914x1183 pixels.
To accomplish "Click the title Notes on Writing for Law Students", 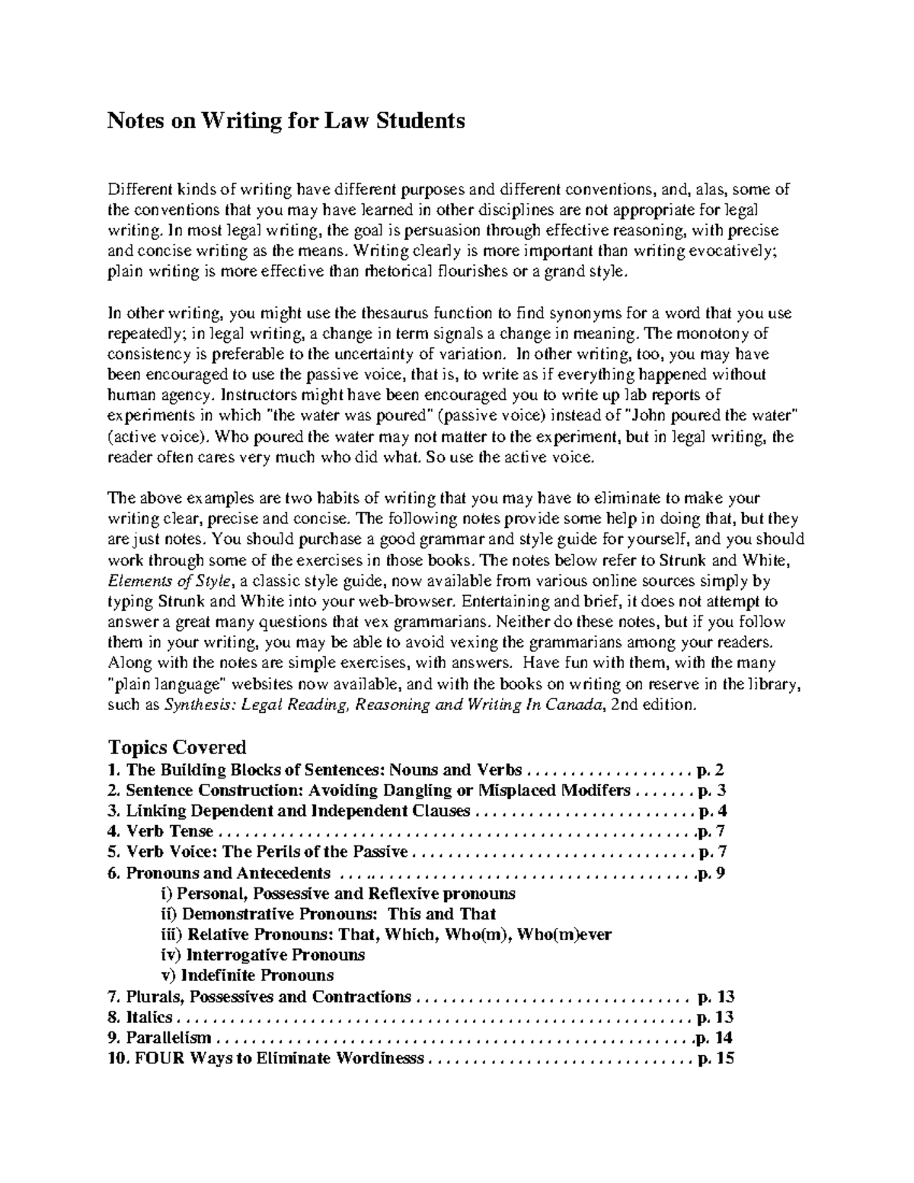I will coord(286,121).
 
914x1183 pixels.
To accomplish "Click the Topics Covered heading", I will coord(177,747).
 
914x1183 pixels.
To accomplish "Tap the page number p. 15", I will coord(716,1058).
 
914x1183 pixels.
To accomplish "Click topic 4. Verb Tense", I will coord(161,831).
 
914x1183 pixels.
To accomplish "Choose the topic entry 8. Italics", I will coord(142,1017).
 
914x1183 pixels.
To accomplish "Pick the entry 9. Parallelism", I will coord(161,1038).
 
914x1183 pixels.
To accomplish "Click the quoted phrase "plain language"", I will coord(168,684).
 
